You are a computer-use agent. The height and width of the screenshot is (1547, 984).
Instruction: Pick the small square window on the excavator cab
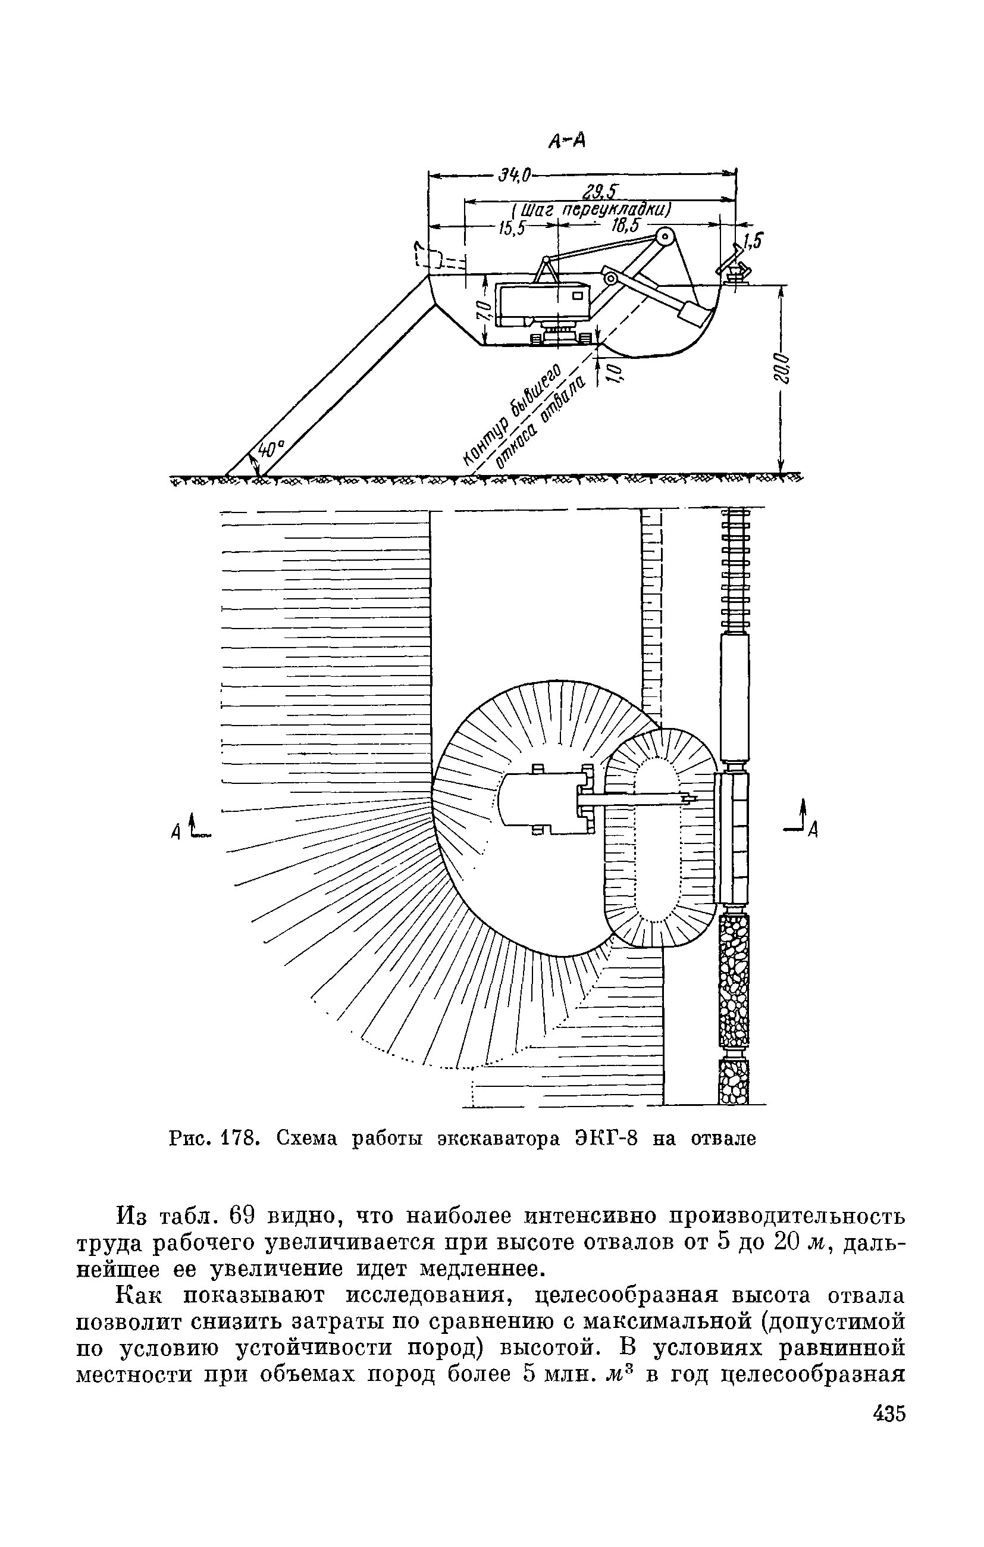coord(578,296)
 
